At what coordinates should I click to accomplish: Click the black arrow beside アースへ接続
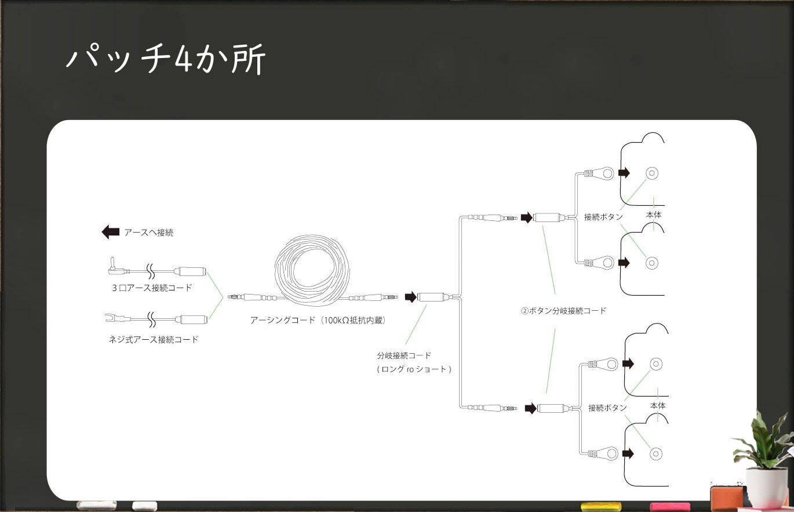click(x=110, y=233)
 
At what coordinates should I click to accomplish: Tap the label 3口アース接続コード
click(x=152, y=288)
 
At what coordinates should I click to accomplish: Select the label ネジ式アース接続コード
click(x=154, y=339)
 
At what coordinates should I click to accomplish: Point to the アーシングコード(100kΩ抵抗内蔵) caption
click(x=318, y=320)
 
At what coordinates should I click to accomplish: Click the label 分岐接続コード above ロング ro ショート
click(x=404, y=355)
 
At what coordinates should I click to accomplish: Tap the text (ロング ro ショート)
click(x=413, y=369)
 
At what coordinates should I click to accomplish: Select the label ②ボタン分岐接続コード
click(x=563, y=311)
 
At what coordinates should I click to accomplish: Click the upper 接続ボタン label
click(x=603, y=217)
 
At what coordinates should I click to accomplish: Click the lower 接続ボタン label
click(x=607, y=408)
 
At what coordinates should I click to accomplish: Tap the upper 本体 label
click(x=654, y=215)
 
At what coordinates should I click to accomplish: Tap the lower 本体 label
click(x=658, y=405)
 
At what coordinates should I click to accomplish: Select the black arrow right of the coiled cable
click(x=410, y=297)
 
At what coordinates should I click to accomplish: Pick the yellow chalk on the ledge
click(x=600, y=506)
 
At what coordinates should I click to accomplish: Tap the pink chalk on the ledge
click(x=670, y=506)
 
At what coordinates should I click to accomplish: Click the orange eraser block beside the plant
click(x=727, y=497)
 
